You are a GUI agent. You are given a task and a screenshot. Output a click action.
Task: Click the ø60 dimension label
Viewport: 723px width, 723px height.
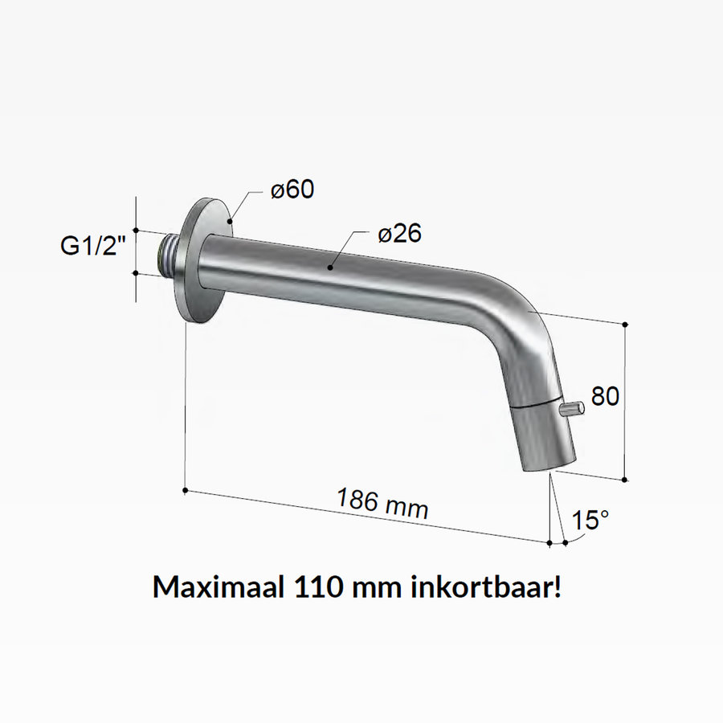pyautogui.click(x=292, y=190)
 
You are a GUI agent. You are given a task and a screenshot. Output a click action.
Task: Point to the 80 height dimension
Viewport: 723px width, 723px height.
pyautogui.click(x=605, y=396)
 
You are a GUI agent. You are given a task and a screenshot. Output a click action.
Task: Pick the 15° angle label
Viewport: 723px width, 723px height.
pyautogui.click(x=590, y=521)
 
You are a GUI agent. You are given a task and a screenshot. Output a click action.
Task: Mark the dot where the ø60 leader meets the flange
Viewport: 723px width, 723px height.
pyautogui.click(x=231, y=219)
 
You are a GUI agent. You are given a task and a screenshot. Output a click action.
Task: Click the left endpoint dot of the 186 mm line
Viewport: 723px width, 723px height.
pyautogui.click(x=186, y=489)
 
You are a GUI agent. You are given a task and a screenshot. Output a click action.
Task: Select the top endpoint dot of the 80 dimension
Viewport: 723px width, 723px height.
pyautogui.click(x=626, y=324)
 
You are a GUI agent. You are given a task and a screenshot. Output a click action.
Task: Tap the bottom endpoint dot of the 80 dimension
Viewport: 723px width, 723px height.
pyautogui.click(x=626, y=480)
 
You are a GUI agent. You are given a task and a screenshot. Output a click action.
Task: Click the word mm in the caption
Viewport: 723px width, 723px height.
pyautogui.click(x=378, y=586)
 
